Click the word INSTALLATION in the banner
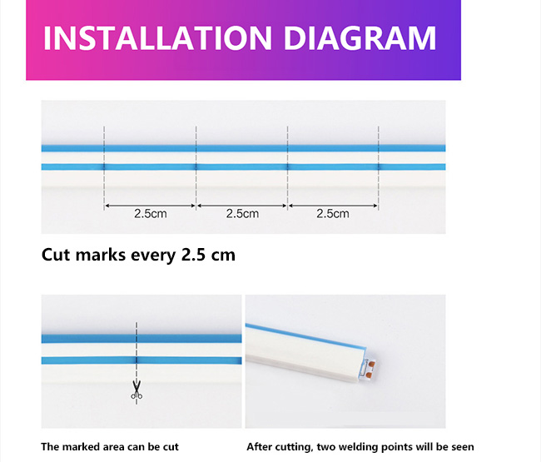pos(157,37)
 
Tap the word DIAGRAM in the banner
pos(360,37)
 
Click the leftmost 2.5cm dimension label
pos(151,214)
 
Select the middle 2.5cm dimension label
pos(242,214)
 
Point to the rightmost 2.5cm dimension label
pos(333,214)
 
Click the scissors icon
pos(136,390)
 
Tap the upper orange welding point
pos(371,363)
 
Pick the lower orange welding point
pos(369,375)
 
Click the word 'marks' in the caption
pos(101,255)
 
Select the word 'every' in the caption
pos(153,256)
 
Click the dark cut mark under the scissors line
pos(136,360)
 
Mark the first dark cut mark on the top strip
pos(104,167)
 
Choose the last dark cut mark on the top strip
pos(379,167)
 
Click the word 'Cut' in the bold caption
pos(57,255)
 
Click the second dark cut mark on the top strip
pos(196,167)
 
